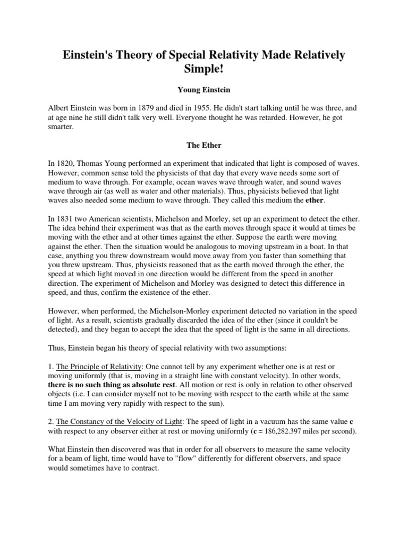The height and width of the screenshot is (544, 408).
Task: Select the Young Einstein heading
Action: click(204, 91)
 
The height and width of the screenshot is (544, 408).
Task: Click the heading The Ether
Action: click(203, 144)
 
